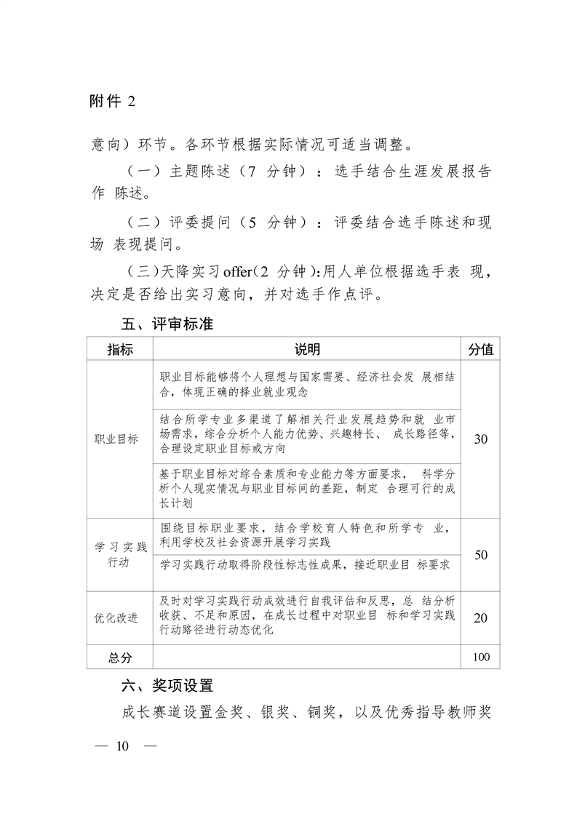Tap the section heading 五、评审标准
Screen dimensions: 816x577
[167, 324]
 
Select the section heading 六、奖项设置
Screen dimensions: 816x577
[167, 684]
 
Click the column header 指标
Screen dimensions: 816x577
[120, 350]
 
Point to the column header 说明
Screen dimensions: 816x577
[307, 350]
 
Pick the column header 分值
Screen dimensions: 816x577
[480, 350]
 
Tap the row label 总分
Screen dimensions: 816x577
[120, 657]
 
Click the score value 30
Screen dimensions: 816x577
[480, 440]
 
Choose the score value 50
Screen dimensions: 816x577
[480, 555]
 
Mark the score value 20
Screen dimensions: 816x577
[480, 617]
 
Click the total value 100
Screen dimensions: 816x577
[480, 657]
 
